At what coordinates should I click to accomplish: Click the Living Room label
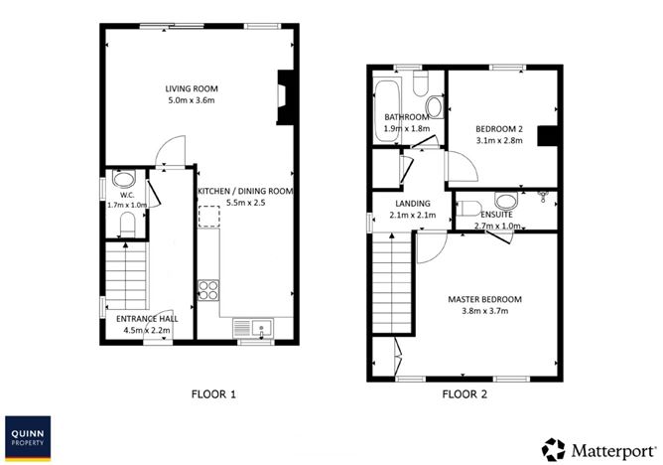tap(192, 88)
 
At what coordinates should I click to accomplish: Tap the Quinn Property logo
tap(28, 438)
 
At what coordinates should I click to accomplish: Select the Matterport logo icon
tap(553, 449)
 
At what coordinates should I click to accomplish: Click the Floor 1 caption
tap(213, 394)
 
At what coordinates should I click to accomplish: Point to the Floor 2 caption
tap(464, 394)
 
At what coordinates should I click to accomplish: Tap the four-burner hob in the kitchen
tap(208, 290)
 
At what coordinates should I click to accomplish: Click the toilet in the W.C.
tap(127, 225)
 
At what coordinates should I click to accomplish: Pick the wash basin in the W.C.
tap(123, 179)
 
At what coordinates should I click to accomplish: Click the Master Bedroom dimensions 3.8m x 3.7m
tap(485, 311)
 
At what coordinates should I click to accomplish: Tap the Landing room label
tap(413, 204)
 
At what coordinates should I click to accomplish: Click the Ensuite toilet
tap(468, 209)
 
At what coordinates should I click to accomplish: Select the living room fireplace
tap(286, 97)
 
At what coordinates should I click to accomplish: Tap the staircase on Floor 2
tap(391, 283)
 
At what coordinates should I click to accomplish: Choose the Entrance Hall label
tap(147, 319)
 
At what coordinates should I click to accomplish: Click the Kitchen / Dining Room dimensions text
tap(246, 203)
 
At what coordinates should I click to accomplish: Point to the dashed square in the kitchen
tap(209, 217)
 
